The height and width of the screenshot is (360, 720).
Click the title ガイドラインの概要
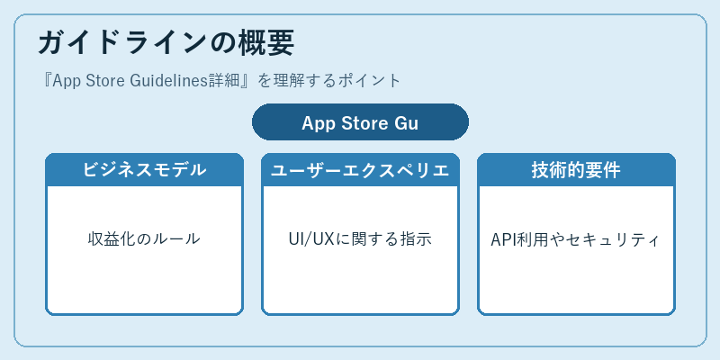pyautogui.click(x=166, y=43)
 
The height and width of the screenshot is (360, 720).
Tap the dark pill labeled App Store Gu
pyautogui.click(x=361, y=122)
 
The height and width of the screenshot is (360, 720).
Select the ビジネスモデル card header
pyautogui.click(x=144, y=170)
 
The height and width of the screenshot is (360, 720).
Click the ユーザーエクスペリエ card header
pyautogui.click(x=361, y=170)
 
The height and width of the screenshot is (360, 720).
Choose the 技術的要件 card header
pyautogui.click(x=576, y=170)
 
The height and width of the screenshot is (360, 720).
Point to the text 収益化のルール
pyautogui.click(x=144, y=239)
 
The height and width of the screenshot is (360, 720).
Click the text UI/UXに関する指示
pyautogui.click(x=361, y=239)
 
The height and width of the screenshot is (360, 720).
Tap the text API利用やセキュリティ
pyautogui.click(x=576, y=239)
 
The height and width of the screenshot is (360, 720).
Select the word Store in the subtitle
pyautogui.click(x=106, y=81)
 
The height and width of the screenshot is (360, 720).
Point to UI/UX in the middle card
pyautogui.click(x=310, y=239)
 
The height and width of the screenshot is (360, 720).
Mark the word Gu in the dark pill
pyautogui.click(x=407, y=123)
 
